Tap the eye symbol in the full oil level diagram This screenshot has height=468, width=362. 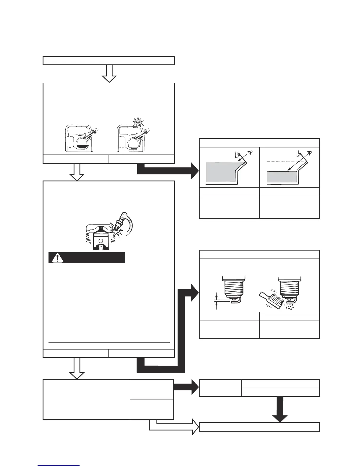(x=251, y=153)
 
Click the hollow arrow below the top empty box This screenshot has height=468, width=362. (x=109, y=74)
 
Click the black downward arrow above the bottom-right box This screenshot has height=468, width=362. (x=279, y=409)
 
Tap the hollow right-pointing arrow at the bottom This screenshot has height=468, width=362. (x=174, y=427)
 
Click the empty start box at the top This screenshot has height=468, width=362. (x=109, y=61)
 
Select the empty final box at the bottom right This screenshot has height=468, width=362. (x=259, y=427)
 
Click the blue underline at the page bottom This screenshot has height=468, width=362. (x=59, y=465)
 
